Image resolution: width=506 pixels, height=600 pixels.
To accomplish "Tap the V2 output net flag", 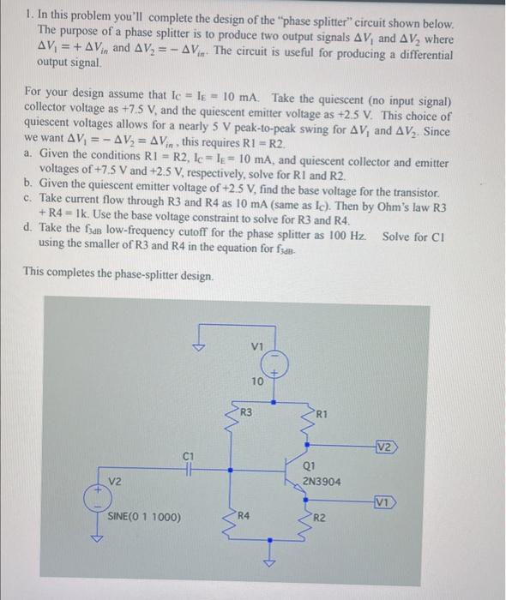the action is tap(384, 447).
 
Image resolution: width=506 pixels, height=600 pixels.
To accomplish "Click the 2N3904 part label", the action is tap(321, 481).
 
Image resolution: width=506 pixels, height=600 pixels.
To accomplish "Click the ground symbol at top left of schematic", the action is tap(199, 346).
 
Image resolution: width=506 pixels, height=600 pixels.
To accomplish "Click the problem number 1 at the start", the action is tap(28, 13).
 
